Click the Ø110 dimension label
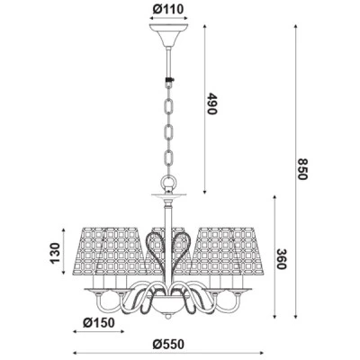click(168, 9)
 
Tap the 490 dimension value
click(211, 103)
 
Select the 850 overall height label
click(303, 169)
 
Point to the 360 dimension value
click(282, 258)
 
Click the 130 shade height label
click(55, 253)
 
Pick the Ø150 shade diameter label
click(99, 323)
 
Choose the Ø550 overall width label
click(168, 344)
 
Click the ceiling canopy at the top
click(168, 35)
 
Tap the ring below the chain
click(169, 182)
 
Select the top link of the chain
click(169, 106)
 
